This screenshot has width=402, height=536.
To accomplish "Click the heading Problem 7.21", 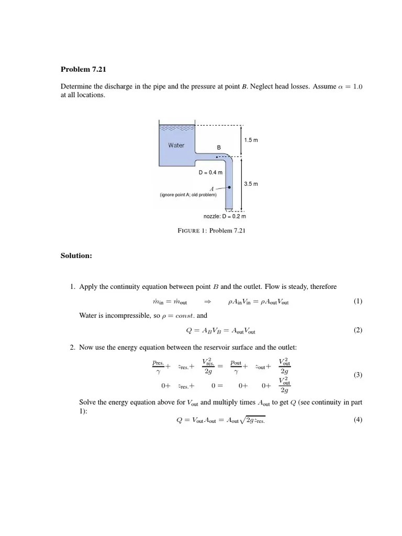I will click(x=83, y=70).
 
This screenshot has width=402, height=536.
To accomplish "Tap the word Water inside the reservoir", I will click(x=176, y=145).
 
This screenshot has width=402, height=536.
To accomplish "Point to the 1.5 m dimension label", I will click(x=251, y=140).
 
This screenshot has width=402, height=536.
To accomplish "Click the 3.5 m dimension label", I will click(x=251, y=184).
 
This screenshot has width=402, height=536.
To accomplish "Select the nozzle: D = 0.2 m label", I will click(x=225, y=216).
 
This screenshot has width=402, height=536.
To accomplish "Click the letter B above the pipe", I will click(x=219, y=148).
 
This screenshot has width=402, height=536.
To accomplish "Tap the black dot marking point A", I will click(x=229, y=185).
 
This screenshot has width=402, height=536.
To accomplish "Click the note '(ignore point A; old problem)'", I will click(x=188, y=195).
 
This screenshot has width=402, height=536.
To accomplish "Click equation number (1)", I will click(x=358, y=301).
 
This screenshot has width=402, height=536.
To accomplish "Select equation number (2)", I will click(x=358, y=330).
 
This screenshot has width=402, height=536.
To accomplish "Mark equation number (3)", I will click(x=358, y=375).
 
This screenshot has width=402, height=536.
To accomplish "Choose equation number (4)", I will click(x=358, y=420).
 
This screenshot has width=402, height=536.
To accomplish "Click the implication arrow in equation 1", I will click(x=207, y=302).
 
